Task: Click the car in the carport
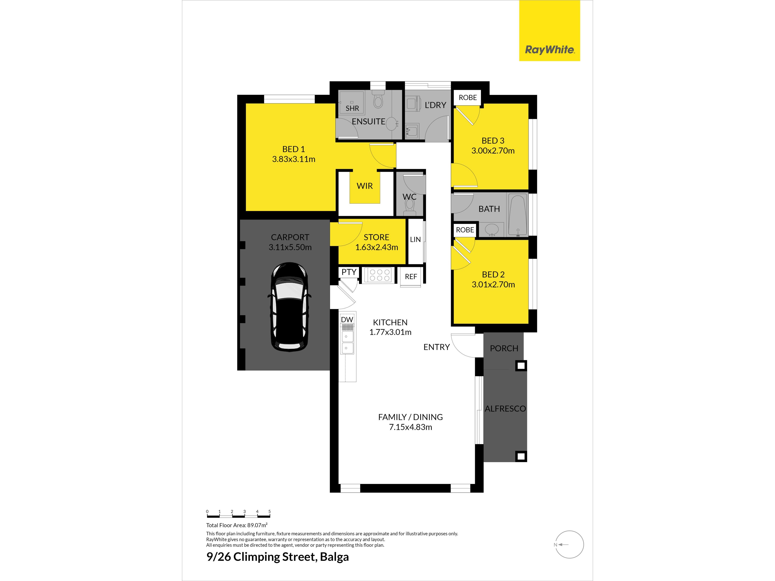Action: click(x=289, y=307)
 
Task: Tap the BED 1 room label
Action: click(x=294, y=149)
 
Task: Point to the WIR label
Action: click(x=365, y=186)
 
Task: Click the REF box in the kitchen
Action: click(x=411, y=277)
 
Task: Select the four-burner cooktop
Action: click(x=379, y=275)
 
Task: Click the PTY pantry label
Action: click(x=349, y=272)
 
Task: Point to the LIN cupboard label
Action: click(x=415, y=239)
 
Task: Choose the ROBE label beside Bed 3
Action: click(x=468, y=98)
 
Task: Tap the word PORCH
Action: click(x=504, y=348)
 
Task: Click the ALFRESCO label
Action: click(x=505, y=409)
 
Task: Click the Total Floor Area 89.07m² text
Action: click(x=237, y=525)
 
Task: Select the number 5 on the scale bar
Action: click(x=269, y=512)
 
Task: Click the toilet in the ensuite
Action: click(x=378, y=100)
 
